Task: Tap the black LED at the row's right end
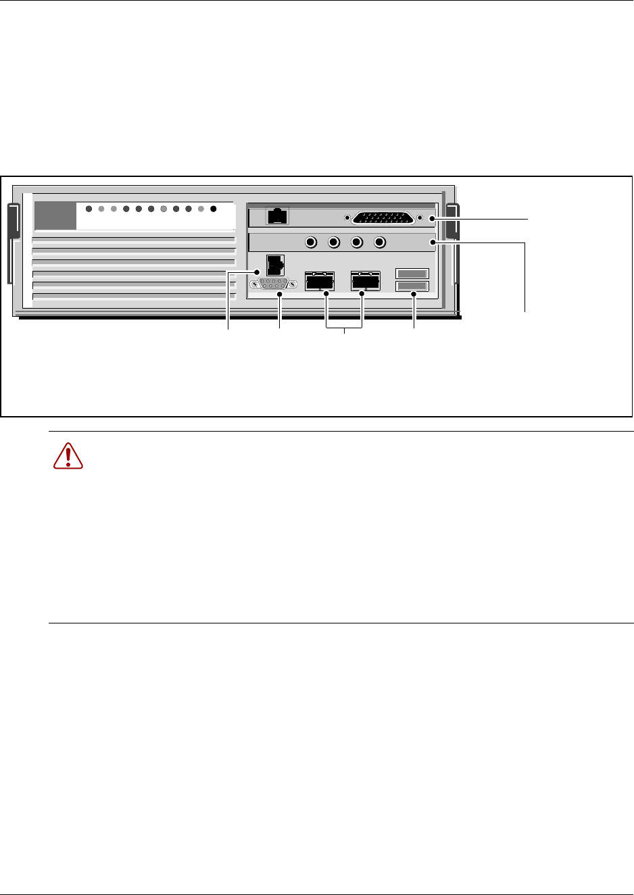tap(214, 209)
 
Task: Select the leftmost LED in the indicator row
tap(89, 209)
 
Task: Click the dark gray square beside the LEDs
tap(55, 215)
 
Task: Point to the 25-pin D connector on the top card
tap(383, 218)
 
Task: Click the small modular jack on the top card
tap(278, 216)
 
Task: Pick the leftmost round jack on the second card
tap(312, 242)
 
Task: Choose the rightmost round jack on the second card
tap(380, 242)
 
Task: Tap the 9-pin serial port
tap(274, 284)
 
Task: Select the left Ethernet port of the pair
tap(320, 280)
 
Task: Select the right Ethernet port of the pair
tap(366, 280)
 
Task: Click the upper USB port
tap(412, 274)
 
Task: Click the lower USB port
tap(412, 286)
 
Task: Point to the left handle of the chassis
tap(13, 243)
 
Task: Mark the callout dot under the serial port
tap(280, 294)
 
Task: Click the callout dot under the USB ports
tap(413, 294)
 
